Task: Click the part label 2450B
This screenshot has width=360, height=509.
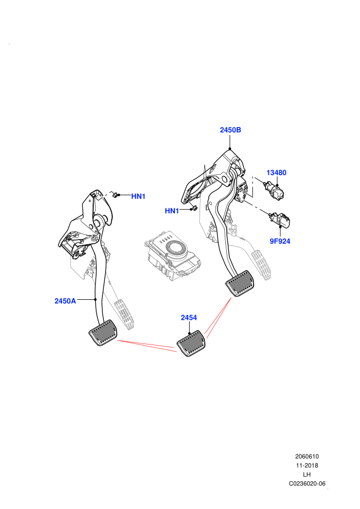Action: click(x=230, y=130)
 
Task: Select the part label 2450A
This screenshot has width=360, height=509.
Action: click(x=65, y=301)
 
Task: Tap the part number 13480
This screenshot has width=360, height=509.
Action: click(x=277, y=173)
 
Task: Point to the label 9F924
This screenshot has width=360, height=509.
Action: click(x=280, y=241)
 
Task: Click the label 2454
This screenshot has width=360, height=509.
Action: click(x=189, y=317)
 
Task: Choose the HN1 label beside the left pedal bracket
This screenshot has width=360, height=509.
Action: click(x=138, y=196)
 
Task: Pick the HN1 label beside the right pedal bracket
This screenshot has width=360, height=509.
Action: click(x=172, y=211)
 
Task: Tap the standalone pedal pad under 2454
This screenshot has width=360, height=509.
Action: click(x=191, y=343)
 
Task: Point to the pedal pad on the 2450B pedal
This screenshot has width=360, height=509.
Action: click(x=240, y=283)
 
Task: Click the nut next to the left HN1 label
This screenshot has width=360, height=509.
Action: click(x=115, y=195)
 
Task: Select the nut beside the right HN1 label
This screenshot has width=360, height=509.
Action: click(x=194, y=208)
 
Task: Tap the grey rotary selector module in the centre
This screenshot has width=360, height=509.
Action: click(x=172, y=254)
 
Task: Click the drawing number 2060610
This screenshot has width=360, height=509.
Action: click(x=307, y=457)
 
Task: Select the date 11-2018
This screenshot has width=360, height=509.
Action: click(x=307, y=465)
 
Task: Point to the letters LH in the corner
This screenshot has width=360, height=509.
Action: click(x=307, y=475)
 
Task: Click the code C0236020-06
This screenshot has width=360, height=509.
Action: click(x=307, y=484)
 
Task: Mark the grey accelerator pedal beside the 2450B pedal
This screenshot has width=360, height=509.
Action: click(x=262, y=265)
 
